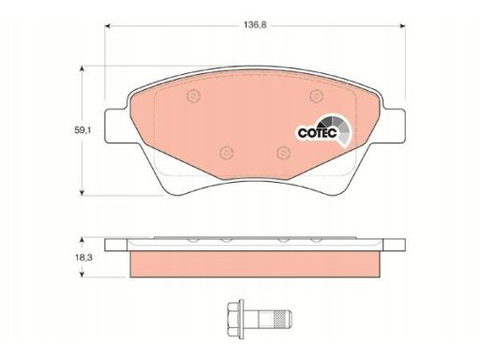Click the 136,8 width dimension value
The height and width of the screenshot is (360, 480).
(255, 25)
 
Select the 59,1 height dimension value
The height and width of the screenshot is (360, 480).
(82, 130)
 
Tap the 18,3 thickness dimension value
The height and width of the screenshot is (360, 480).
(82, 258)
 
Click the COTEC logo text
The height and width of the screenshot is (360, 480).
(318, 133)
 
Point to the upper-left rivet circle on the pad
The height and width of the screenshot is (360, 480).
(193, 96)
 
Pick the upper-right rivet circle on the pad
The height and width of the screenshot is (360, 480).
(317, 96)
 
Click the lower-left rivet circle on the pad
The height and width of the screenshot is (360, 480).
(227, 153)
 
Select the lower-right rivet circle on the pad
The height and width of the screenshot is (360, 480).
(284, 153)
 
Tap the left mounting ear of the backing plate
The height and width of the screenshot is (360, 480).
(116, 126)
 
